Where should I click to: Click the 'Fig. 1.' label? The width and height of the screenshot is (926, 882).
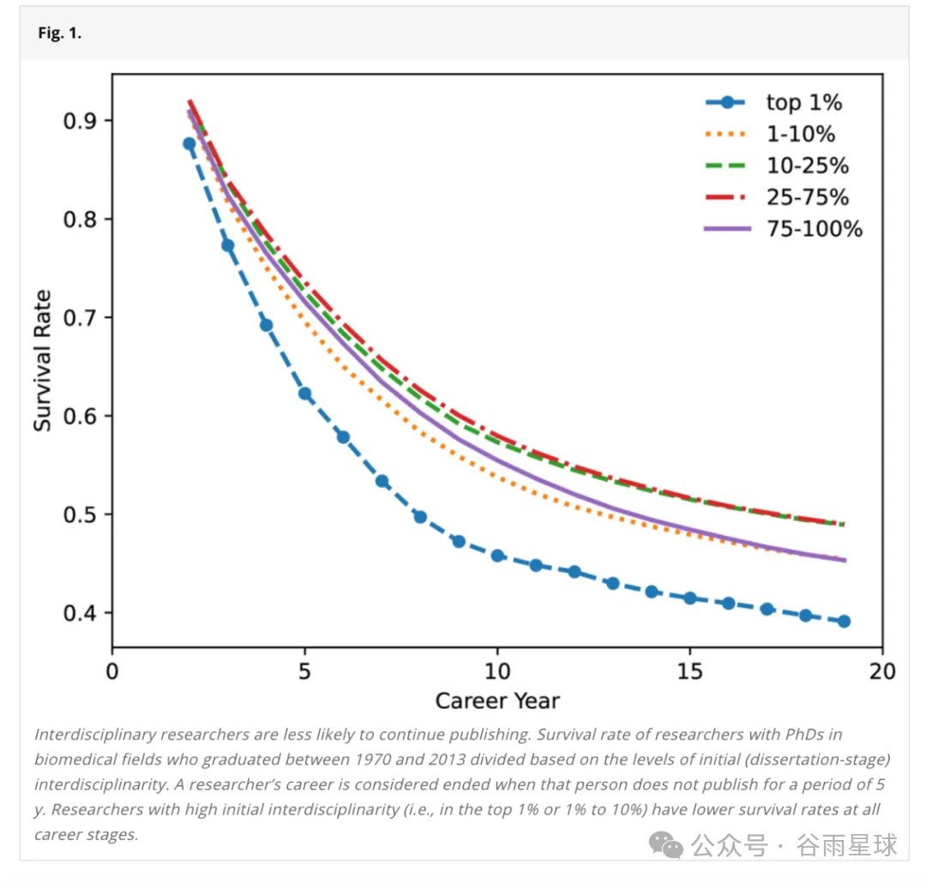pyautogui.click(x=59, y=34)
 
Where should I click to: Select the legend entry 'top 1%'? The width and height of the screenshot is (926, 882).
pyautogui.click(x=803, y=103)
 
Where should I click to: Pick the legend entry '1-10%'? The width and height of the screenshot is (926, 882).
pyautogui.click(x=800, y=134)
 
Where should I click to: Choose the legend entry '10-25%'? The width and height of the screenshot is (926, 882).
pyautogui.click(x=807, y=165)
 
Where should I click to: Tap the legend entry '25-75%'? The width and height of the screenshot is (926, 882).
pyautogui.click(x=807, y=197)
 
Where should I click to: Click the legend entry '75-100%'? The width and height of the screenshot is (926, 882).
pyautogui.click(x=814, y=229)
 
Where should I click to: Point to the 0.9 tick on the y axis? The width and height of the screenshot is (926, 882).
pyautogui.click(x=82, y=120)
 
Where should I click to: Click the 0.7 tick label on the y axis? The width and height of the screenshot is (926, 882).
pyautogui.click(x=82, y=317)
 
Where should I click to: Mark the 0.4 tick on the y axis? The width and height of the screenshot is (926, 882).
pyautogui.click(x=82, y=613)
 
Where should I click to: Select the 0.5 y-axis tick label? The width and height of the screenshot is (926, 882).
pyautogui.click(x=82, y=514)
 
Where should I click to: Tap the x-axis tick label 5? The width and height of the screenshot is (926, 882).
pyautogui.click(x=304, y=670)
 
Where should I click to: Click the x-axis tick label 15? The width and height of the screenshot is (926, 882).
pyautogui.click(x=690, y=670)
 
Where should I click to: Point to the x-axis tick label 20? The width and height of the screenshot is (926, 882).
pyautogui.click(x=882, y=670)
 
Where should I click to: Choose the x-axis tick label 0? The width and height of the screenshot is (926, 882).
pyautogui.click(x=112, y=670)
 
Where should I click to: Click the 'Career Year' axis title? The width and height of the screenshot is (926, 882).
pyautogui.click(x=497, y=701)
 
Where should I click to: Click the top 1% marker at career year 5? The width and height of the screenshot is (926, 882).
pyautogui.click(x=304, y=393)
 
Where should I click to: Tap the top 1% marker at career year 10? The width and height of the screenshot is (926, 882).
pyautogui.click(x=497, y=555)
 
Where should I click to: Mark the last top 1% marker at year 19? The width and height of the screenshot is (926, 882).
pyautogui.click(x=844, y=621)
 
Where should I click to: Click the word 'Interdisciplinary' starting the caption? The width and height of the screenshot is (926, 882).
pyautogui.click(x=87, y=735)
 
